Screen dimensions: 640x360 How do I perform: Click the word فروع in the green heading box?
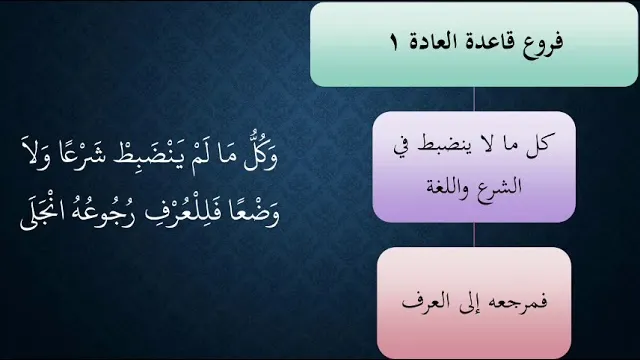coord(542,42)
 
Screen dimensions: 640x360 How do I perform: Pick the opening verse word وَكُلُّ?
coord(260,154)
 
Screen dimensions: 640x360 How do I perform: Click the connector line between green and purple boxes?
coord(474,99)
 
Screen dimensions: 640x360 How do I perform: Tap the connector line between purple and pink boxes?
coord(474,235)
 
